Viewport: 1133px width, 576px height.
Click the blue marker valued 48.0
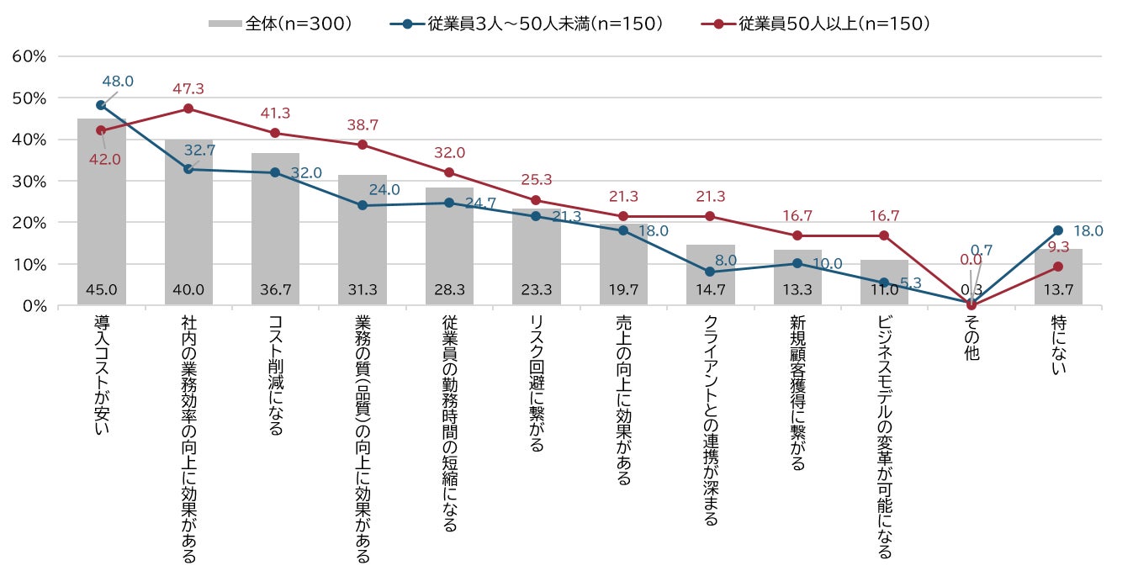click(x=101, y=105)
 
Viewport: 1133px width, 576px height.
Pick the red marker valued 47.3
click(x=188, y=108)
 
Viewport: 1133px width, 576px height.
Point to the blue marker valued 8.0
click(x=710, y=272)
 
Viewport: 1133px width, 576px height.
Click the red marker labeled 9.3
click(x=1057, y=267)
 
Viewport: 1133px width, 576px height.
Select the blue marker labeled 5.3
click(x=884, y=283)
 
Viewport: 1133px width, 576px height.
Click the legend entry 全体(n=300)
click(x=280, y=24)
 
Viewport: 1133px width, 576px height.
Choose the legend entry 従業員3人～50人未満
click(x=526, y=24)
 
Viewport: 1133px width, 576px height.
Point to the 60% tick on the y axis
click(x=29, y=56)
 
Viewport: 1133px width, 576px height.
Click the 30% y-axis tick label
click(x=29, y=181)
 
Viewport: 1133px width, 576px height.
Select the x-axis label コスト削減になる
click(x=275, y=376)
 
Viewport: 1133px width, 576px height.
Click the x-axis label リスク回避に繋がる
click(x=536, y=383)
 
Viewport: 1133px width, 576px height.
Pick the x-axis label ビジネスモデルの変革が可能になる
click(x=884, y=437)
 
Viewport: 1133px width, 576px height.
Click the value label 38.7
click(x=363, y=124)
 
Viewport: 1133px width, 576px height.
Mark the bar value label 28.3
click(x=449, y=290)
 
